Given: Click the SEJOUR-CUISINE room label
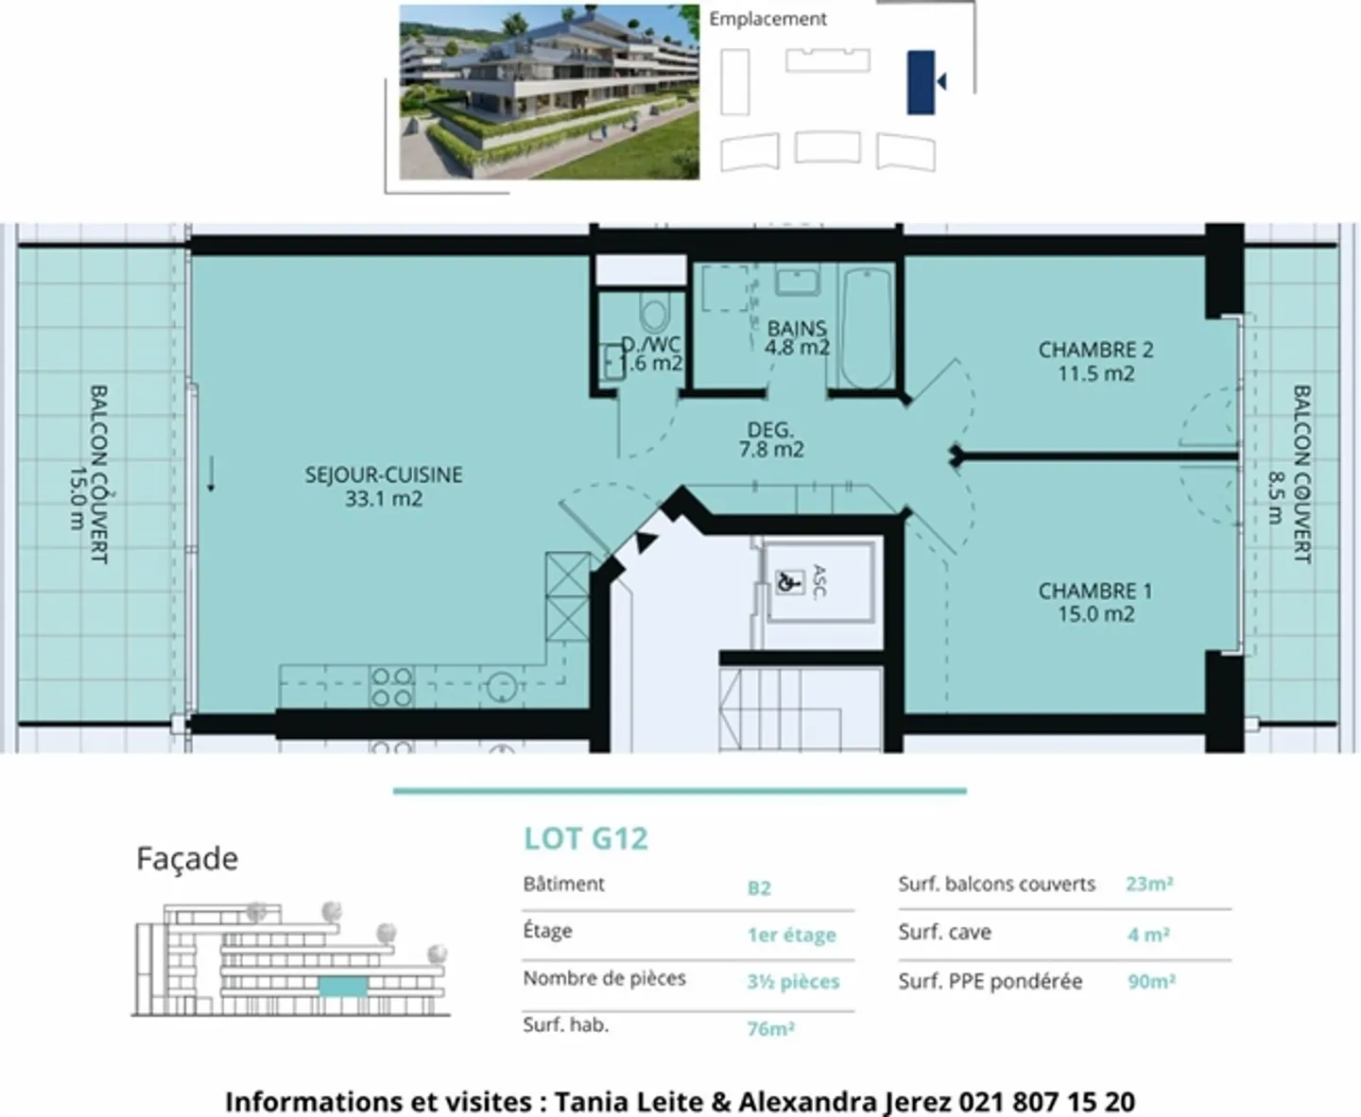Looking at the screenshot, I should click(x=383, y=486).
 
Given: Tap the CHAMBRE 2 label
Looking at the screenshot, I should click(x=1095, y=361).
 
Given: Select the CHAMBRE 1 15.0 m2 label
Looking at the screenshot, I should click(x=1094, y=602).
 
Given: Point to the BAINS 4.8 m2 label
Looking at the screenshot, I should click(x=797, y=337).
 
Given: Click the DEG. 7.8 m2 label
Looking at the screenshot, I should click(x=771, y=439).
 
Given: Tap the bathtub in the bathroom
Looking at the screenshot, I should click(x=867, y=328).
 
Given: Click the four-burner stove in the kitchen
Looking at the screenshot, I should click(x=391, y=687).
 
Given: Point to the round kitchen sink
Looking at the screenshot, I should click(x=502, y=687).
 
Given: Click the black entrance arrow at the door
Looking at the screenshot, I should click(x=645, y=541).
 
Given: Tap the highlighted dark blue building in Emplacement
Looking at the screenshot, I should click(x=921, y=83).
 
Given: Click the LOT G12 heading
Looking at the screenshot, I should click(x=586, y=838).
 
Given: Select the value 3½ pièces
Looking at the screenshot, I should click(x=793, y=981).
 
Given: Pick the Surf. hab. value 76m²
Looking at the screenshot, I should click(x=770, y=1028).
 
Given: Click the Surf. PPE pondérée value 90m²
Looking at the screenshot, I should click(x=1150, y=981).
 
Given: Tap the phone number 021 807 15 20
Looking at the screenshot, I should click(x=1046, y=1101).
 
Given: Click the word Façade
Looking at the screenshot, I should click(x=187, y=858).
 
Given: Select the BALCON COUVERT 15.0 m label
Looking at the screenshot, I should click(x=87, y=473).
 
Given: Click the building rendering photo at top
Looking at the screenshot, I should click(x=549, y=92).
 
